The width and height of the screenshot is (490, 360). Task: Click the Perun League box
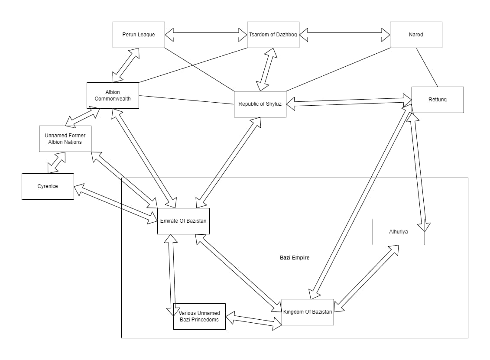[x=139, y=35]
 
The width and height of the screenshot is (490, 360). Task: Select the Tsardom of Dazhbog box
[x=273, y=35]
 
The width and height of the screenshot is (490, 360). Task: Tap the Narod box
[x=416, y=35]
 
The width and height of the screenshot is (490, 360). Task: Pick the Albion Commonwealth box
[x=113, y=95]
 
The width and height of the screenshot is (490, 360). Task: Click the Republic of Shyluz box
[x=260, y=104]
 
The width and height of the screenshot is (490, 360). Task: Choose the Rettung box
[x=438, y=100]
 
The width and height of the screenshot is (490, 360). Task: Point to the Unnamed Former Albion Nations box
[x=65, y=139]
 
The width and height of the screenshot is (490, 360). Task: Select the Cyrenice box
[x=48, y=186]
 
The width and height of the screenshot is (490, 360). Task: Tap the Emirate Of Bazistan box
[x=183, y=221]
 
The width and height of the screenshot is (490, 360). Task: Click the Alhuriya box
[x=399, y=232]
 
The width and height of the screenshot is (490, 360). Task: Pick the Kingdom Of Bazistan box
[x=308, y=312]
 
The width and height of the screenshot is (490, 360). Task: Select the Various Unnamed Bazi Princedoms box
[x=199, y=316]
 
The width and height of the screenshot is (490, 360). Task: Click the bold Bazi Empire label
[x=295, y=257]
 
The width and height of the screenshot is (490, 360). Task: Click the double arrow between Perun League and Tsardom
[x=206, y=35]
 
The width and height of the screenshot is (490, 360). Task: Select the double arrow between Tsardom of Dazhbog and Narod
[x=345, y=35]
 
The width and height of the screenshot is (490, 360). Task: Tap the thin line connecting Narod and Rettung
[x=427, y=67]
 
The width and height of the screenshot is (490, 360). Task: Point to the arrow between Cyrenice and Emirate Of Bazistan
[x=116, y=204]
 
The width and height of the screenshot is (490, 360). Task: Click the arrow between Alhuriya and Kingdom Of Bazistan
[x=367, y=279]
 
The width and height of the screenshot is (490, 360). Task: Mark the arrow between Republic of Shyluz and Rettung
[x=349, y=102]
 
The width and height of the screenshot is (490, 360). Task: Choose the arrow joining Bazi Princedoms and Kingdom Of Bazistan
[x=254, y=321]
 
